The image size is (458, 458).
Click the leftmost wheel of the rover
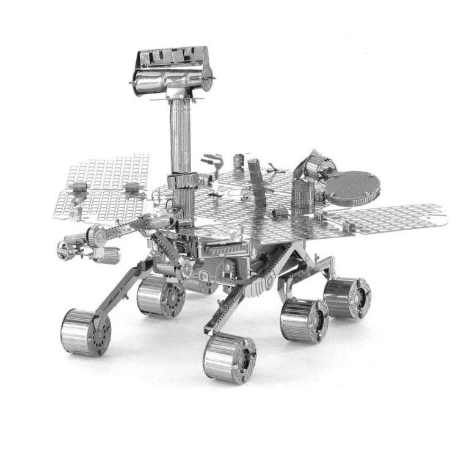point(85,332)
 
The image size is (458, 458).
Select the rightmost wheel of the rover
point(346,297)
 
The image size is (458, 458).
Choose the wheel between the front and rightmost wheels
point(304,319)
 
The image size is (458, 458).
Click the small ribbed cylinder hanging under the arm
point(107,254)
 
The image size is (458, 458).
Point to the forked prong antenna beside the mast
point(213,163)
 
